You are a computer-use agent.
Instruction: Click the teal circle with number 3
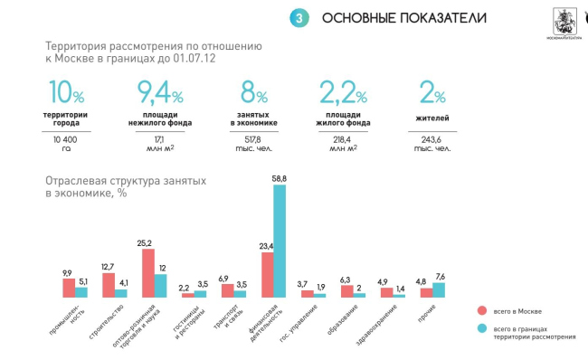tap(299, 18)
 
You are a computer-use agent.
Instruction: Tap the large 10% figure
tap(65, 94)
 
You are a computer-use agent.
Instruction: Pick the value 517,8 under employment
tap(252, 140)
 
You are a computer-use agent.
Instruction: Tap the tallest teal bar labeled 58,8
tap(280, 242)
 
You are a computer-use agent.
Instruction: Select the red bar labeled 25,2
tap(147, 273)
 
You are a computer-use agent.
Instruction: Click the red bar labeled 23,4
tap(268, 275)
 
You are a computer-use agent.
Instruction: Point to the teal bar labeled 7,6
tap(440, 289)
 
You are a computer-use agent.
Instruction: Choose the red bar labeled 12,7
tap(108, 285)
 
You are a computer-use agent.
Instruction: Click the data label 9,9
tap(67, 272)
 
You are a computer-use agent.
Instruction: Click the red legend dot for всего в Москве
tap(480, 310)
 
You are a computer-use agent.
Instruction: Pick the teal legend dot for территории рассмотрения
tap(480, 328)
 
